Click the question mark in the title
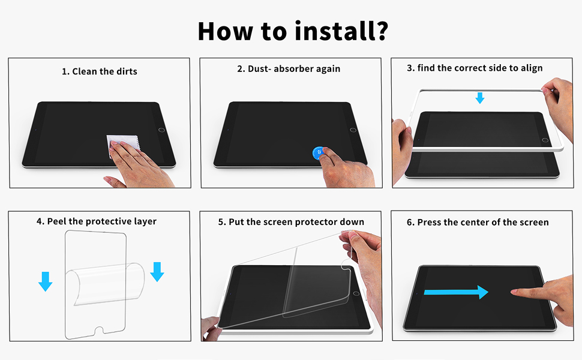pos(379,31)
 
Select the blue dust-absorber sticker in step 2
pos(318,153)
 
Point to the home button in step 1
pos(161,130)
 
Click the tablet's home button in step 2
pos(353,130)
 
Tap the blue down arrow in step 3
pos(480,98)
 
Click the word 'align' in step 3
pos(532,68)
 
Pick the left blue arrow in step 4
pos(45,281)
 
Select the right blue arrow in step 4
pos(157,272)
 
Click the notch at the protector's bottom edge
pos(99,331)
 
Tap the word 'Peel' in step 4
pos(56,221)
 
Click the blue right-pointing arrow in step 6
pos(456,292)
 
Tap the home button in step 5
pos(356,293)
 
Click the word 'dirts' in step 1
pos(127,71)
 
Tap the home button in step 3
pos(545,140)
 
